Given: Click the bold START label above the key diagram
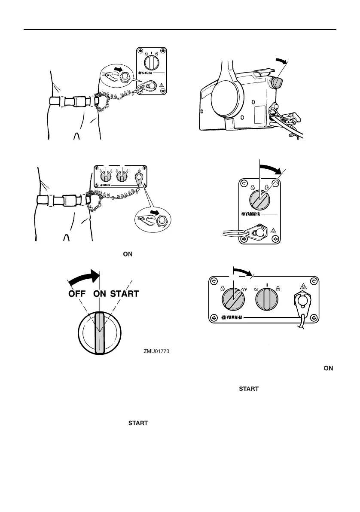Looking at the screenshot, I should click(125, 294).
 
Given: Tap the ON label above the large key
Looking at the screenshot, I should click(101, 294).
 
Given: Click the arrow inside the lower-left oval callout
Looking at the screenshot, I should click(153, 213).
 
